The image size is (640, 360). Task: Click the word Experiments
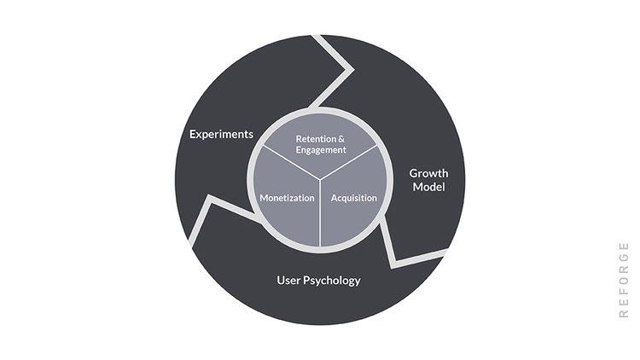pos(221,134)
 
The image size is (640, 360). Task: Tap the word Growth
pos(428,173)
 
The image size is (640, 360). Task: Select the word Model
pos(428,187)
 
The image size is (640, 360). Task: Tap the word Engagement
pos(321,149)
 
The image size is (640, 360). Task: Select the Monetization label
pos(287,198)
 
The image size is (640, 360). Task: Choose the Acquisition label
pos(353,198)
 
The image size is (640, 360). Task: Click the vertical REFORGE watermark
pos(624,280)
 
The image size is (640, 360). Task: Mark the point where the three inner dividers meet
pos(320,179)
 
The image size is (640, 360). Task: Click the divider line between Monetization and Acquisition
pos(320,213)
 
